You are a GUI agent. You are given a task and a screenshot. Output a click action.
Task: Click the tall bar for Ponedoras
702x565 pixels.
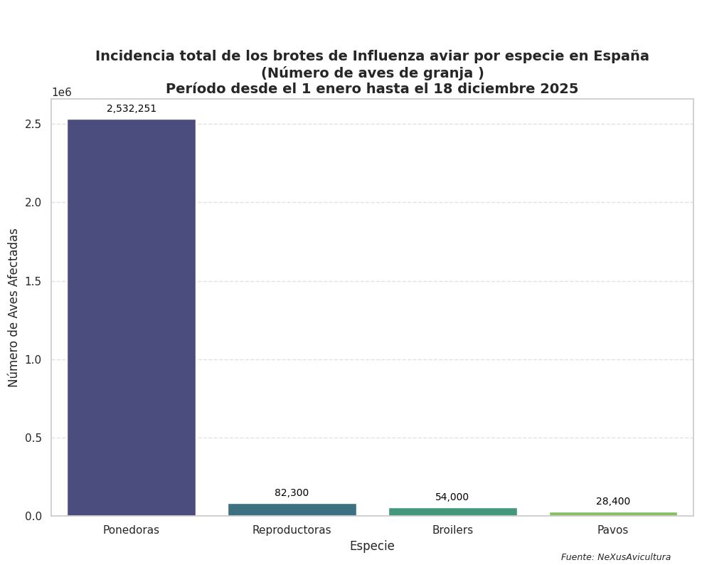point(131,317)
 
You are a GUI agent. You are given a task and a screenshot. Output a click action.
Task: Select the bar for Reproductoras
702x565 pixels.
point(292,509)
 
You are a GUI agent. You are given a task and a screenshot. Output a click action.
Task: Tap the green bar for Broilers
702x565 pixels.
point(452,512)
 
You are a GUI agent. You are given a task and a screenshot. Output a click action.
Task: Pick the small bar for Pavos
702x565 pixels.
point(613,514)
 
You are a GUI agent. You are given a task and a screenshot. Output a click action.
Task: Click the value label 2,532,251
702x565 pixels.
point(132,109)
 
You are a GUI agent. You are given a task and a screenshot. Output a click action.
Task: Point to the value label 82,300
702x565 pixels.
point(292,493)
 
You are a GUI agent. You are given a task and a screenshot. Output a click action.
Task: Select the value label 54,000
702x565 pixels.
point(452,497)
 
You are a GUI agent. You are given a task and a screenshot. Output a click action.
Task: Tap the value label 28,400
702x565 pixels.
point(613,502)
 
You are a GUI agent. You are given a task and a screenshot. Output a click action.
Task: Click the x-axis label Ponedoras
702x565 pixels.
point(131,530)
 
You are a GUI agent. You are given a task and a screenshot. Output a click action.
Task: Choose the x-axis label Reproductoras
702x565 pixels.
point(292,530)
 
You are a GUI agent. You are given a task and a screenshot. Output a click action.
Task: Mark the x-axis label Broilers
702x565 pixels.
point(452,530)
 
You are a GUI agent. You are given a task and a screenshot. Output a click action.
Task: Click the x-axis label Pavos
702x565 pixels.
point(613,530)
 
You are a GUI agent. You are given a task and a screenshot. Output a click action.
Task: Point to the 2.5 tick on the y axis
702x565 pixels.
point(33,125)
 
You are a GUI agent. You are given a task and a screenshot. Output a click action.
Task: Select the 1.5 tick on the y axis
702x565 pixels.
point(33,281)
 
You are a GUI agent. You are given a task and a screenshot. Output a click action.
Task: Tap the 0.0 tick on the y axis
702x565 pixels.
point(33,516)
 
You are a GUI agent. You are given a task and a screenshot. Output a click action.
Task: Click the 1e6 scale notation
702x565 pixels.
point(62,93)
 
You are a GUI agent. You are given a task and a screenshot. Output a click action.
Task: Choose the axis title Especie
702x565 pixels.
point(372,546)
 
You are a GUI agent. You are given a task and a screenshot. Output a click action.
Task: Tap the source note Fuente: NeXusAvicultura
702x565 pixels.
point(616,557)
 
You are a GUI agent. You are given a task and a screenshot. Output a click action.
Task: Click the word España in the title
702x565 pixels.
point(620,56)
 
